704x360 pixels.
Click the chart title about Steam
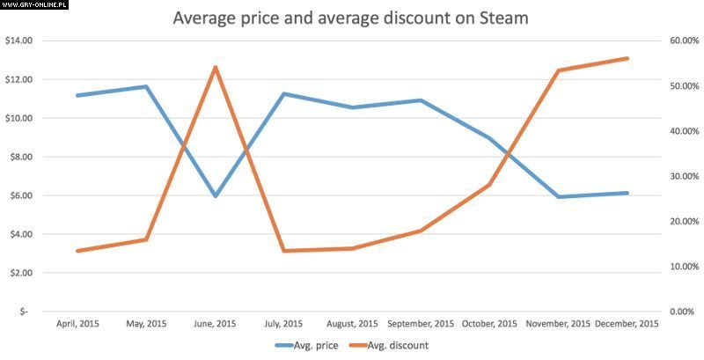tap(350, 18)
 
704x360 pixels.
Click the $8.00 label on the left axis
tap(20, 157)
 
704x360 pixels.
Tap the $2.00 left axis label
tap(20, 273)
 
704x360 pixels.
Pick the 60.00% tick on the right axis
tap(684, 40)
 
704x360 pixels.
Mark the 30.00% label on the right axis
tap(684, 176)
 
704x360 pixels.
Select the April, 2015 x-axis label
tap(77, 324)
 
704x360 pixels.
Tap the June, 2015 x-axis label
tap(215, 324)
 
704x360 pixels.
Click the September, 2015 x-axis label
tap(421, 324)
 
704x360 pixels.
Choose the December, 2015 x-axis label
tap(627, 324)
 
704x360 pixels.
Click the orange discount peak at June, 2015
tap(215, 67)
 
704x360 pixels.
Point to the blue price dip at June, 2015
tap(215, 195)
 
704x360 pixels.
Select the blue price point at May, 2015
tap(146, 86)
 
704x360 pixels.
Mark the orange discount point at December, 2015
tap(627, 59)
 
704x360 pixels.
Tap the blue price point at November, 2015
tap(558, 196)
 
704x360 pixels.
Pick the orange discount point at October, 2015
tap(489, 185)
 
